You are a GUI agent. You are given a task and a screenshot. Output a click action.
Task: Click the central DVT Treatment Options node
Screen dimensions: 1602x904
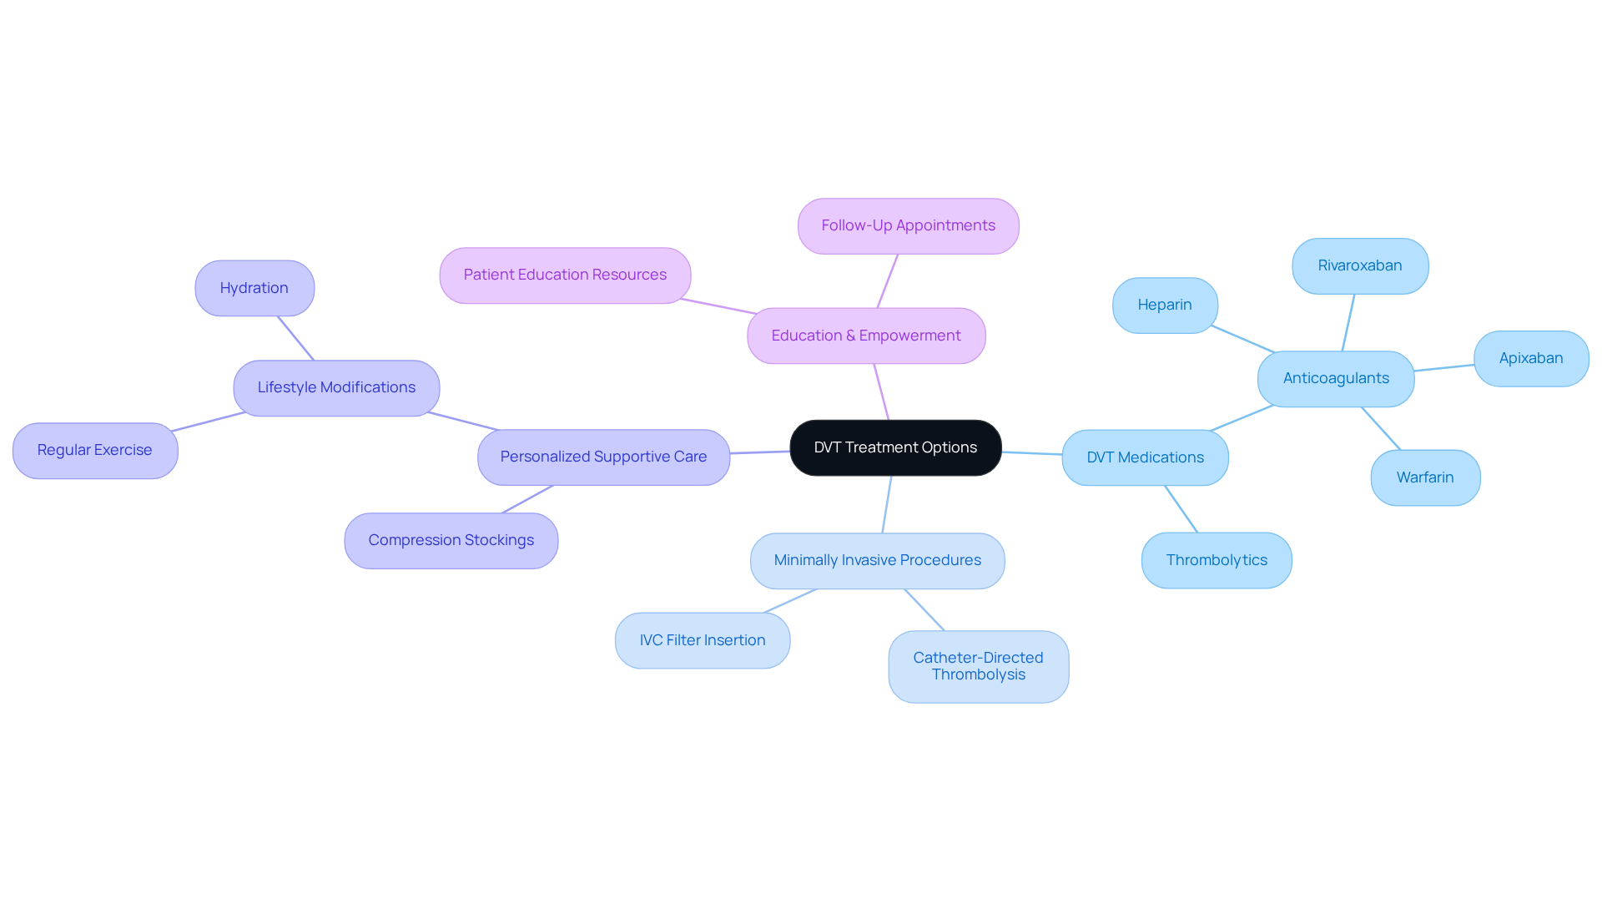[895, 447]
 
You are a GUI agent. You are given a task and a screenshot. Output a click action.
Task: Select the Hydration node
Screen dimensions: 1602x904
[254, 288]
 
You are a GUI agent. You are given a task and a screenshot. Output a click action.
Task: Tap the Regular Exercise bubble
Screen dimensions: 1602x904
[95, 450]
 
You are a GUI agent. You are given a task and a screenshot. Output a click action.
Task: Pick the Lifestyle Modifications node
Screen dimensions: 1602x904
[336, 387]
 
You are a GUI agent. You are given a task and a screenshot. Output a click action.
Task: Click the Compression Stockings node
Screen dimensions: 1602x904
[451, 540]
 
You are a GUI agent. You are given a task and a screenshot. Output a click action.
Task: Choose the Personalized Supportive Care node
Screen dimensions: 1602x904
[603, 457]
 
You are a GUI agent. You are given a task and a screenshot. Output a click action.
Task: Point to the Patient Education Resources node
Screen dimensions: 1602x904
[565, 275]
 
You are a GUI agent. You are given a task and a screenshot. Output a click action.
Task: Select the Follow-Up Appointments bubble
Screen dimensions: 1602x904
[908, 225]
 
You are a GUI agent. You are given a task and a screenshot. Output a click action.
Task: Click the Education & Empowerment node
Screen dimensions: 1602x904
[866, 336]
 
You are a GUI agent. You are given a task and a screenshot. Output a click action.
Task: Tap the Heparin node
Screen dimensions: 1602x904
[1165, 305]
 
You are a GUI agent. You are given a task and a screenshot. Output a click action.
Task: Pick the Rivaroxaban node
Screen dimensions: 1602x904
[1360, 265]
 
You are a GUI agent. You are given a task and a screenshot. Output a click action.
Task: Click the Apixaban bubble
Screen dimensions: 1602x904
[1531, 358]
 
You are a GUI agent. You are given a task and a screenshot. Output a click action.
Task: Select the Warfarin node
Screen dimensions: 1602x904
[1425, 477]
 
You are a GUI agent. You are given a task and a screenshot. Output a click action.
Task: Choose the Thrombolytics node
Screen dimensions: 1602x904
[1217, 560]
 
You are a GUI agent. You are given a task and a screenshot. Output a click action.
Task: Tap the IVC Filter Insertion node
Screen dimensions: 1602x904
[703, 640]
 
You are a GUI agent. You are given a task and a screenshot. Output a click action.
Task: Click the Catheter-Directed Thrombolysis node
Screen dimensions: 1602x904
[978, 666]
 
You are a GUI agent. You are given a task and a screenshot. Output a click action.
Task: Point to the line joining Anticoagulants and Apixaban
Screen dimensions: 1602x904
[1444, 368]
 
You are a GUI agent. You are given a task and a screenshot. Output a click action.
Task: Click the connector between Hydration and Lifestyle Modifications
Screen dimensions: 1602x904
[295, 338]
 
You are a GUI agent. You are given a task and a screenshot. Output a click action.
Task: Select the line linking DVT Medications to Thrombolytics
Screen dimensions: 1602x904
[1181, 509]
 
